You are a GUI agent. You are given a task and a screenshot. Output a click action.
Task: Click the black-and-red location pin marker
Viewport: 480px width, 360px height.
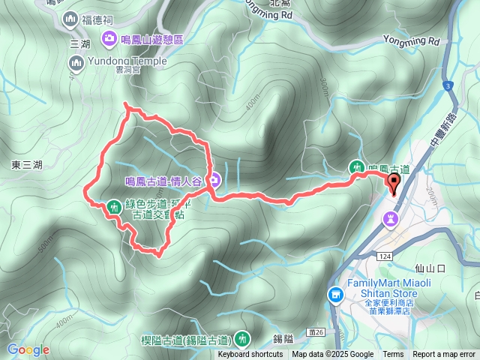394,182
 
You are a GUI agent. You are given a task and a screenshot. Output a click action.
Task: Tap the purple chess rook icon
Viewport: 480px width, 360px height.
391,218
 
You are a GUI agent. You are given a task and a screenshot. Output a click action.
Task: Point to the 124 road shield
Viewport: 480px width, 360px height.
385,257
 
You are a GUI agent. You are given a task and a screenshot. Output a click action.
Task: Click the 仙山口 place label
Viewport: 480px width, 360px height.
430,267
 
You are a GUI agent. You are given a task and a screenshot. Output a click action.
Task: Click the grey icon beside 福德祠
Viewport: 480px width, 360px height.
70,18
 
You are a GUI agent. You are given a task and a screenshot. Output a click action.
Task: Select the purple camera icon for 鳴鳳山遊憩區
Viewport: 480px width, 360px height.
109,38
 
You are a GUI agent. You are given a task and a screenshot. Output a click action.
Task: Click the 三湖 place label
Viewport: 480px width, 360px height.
79,44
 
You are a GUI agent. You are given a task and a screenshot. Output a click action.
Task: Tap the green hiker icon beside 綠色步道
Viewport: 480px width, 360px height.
114,205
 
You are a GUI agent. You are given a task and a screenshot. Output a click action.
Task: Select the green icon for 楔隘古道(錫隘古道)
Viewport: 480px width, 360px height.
241,339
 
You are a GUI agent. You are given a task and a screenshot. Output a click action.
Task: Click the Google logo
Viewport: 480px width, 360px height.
28,349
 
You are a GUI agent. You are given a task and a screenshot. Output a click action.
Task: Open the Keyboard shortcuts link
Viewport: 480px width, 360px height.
250,355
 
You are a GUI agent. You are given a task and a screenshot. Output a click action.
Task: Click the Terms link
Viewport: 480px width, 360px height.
393,355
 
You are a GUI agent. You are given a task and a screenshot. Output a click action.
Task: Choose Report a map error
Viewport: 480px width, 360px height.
444,355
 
